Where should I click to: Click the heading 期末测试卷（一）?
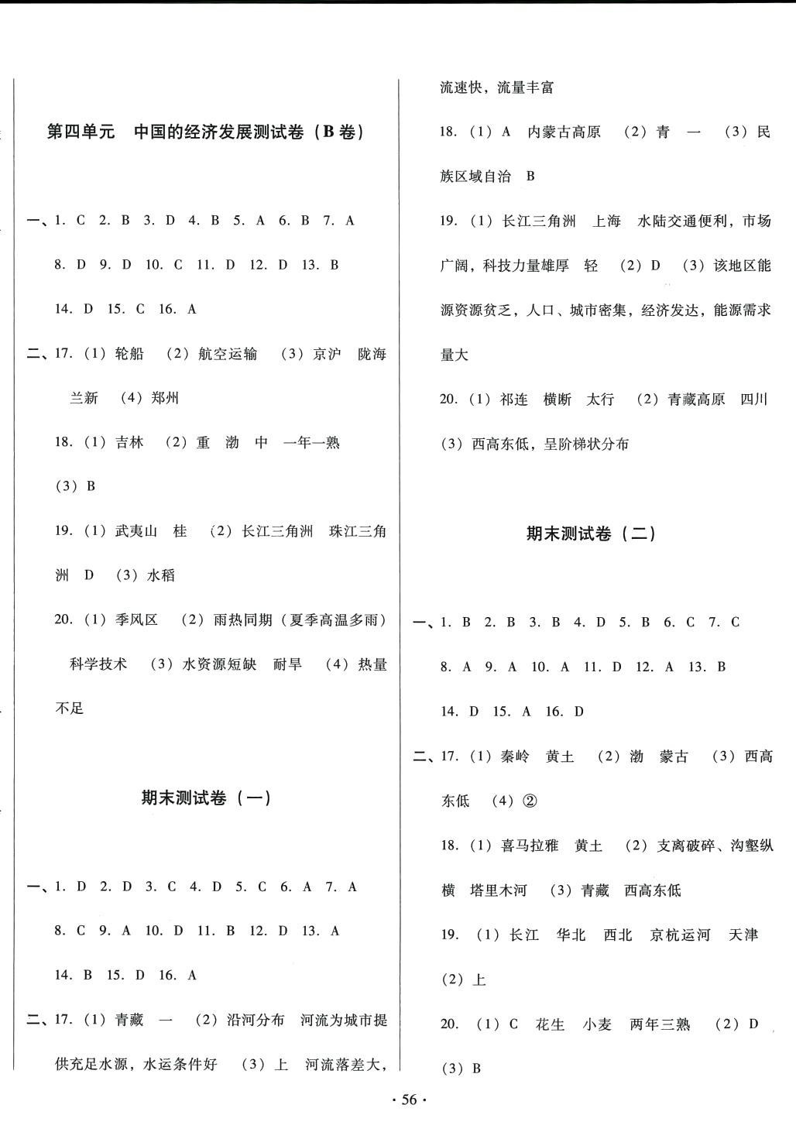(206, 798)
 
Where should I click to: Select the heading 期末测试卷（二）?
(591, 533)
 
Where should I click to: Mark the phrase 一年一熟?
(312, 443)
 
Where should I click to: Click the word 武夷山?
(136, 531)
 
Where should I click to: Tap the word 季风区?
(136, 619)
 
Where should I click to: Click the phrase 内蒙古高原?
(564, 132)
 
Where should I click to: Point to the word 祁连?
(514, 400)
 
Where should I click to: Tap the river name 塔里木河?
(498, 890)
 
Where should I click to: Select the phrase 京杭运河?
(680, 935)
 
